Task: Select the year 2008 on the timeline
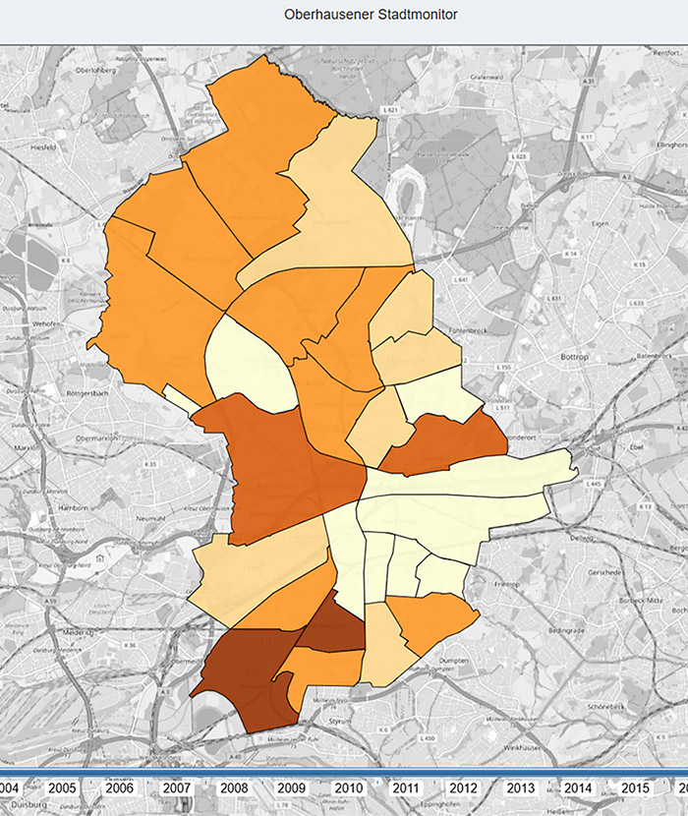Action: [x=234, y=788]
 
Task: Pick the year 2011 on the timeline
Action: [x=405, y=788]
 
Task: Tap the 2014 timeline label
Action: [x=578, y=788]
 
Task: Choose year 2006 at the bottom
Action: [x=119, y=788]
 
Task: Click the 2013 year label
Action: [x=521, y=788]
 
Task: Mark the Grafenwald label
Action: [x=487, y=77]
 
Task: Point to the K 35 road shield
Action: [x=150, y=463]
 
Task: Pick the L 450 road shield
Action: [x=430, y=737]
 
